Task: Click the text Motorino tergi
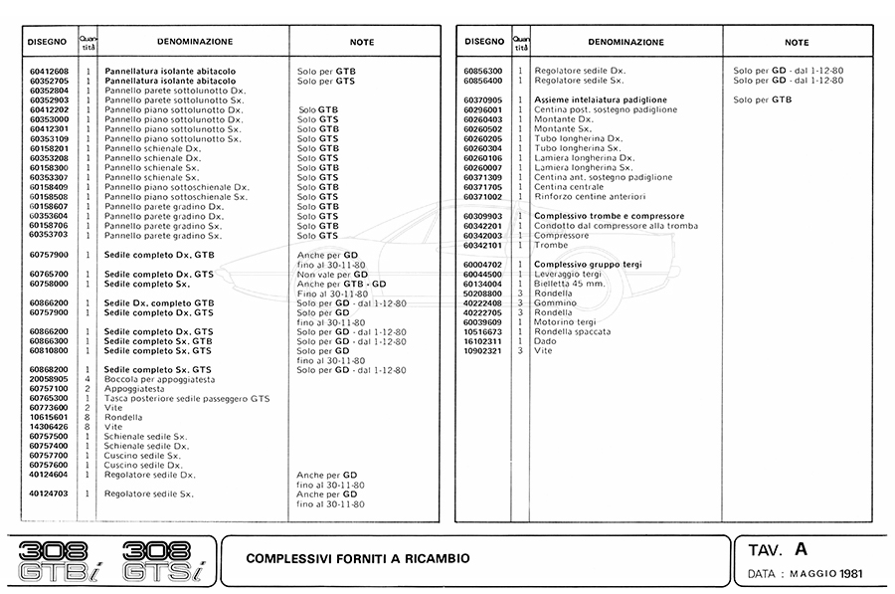pos(566,322)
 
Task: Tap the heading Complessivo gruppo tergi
pos(588,264)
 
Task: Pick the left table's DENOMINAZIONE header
pos(195,42)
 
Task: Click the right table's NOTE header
pos(797,43)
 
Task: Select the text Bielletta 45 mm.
pos(570,284)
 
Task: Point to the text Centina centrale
pos(569,187)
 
